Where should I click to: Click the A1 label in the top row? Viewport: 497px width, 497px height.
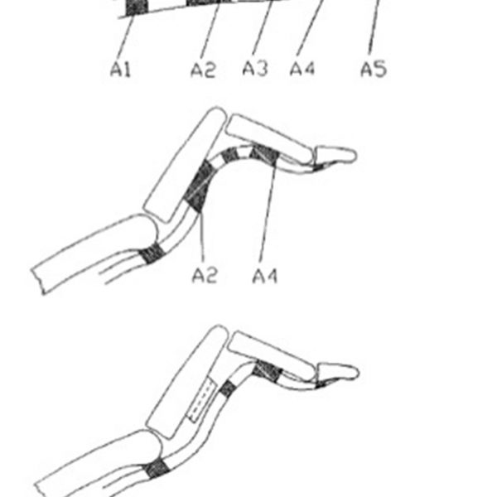coord(121,70)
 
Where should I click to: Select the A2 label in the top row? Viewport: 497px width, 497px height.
coord(202,70)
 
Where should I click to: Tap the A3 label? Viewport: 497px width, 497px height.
coord(254,69)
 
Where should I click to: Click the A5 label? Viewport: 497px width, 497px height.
coord(373,69)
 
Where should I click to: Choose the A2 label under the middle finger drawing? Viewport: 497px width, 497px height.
coord(204,274)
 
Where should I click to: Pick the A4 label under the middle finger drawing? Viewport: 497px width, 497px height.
coord(265,274)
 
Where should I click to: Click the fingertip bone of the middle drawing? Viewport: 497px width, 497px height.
coord(335,155)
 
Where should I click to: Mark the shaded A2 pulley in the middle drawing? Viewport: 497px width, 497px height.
coord(199,186)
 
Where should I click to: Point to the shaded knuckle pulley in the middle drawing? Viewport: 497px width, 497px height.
coord(152,252)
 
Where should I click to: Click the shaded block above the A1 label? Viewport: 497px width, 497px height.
coord(136,7)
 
